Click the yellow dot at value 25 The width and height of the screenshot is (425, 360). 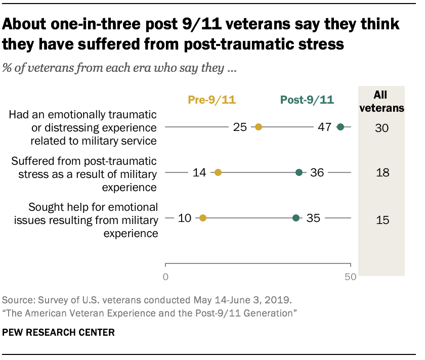[x=258, y=127]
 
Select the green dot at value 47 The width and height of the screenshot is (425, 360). [x=341, y=127]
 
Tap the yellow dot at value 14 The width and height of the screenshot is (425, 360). [x=218, y=172]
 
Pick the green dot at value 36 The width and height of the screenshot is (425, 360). [x=299, y=172]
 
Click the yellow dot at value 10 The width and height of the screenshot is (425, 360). [x=203, y=218]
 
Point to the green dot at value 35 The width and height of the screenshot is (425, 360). [x=296, y=218]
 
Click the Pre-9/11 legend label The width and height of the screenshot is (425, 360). [x=211, y=100]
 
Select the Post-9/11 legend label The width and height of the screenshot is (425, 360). [x=307, y=100]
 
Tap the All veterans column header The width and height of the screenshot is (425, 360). [x=381, y=101]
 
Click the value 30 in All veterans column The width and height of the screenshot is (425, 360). [x=381, y=128]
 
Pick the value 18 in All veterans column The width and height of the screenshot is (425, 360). [x=381, y=173]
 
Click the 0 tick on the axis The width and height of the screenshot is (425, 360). [x=166, y=277]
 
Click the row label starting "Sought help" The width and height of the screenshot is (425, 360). [x=93, y=219]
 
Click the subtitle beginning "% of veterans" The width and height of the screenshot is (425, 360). [x=120, y=69]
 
